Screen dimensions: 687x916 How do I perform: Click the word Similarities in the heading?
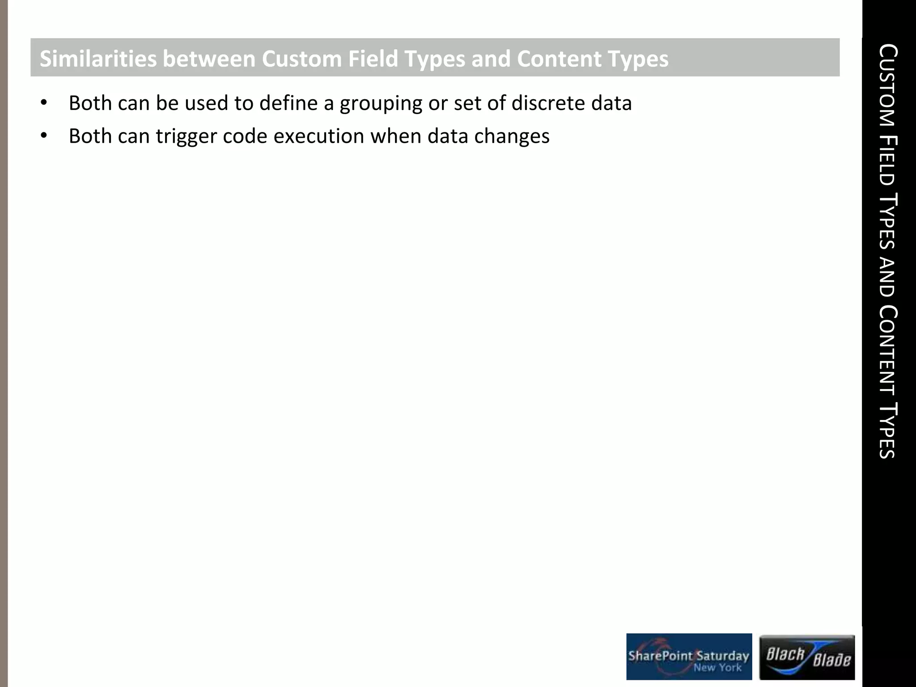pos(98,59)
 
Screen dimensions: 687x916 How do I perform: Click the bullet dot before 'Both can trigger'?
pos(43,136)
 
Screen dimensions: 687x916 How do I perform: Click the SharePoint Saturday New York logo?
pos(689,657)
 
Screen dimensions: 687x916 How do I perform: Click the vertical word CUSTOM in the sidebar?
pos(887,85)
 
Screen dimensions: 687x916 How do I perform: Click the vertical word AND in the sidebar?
pos(887,277)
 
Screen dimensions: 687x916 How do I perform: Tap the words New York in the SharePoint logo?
pos(717,668)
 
